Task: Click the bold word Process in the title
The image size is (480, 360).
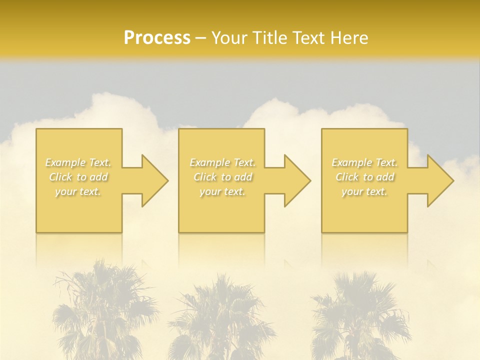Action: coord(157,38)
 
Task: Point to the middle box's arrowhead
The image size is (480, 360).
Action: coord(294,180)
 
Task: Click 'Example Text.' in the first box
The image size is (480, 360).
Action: coord(78,162)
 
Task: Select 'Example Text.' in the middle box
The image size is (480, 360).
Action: coord(222,162)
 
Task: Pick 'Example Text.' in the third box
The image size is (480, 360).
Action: coord(364,162)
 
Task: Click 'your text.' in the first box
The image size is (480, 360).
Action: coord(78,191)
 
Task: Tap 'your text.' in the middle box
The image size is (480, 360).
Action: coord(222,191)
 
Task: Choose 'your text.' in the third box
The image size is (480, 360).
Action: coord(364,191)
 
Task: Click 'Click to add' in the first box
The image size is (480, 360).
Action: coord(78,177)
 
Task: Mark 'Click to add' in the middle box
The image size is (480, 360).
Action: coord(223,177)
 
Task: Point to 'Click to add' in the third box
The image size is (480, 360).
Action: coord(365,177)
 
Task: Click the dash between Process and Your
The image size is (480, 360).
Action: coord(200,38)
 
